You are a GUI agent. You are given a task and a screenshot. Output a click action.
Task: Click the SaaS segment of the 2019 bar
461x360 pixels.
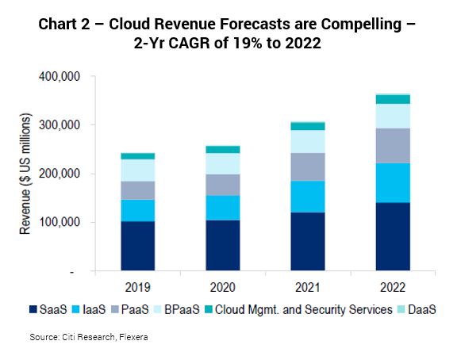138,246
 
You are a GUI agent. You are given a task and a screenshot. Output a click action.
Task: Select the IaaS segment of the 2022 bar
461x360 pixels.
393,183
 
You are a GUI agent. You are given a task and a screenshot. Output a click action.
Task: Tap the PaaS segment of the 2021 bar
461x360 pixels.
308,167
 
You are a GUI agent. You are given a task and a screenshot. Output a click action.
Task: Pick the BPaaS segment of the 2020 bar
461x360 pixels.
223,164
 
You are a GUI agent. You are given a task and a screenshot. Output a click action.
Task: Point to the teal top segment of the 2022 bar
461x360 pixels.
393,99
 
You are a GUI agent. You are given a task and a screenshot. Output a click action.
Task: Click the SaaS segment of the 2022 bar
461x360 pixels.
393,236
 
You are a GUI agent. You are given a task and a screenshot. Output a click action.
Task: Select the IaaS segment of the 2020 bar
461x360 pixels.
223,208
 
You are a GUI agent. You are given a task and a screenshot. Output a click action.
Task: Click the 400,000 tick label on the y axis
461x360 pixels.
60,76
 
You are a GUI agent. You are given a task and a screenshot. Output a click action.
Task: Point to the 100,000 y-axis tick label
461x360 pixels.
60,222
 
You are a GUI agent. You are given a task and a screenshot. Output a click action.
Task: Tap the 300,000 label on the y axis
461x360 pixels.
60,125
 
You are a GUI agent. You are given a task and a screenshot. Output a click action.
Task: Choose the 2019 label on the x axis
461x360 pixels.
137,287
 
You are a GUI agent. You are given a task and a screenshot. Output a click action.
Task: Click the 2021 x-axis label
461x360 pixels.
308,287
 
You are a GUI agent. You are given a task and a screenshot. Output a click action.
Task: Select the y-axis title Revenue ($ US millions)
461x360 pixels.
25,174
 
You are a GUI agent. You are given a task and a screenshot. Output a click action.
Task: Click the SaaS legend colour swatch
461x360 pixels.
33,309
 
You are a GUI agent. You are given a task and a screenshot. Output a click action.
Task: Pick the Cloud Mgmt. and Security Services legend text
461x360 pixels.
304,310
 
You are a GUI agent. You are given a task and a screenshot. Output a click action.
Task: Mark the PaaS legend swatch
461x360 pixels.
115,309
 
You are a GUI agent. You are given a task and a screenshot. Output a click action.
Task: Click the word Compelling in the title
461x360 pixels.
361,25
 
